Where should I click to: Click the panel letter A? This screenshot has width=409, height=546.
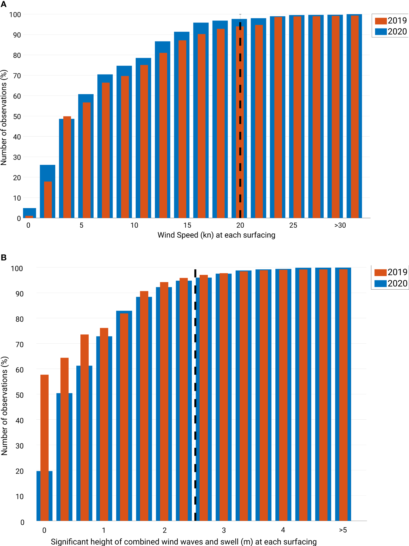(3, 4)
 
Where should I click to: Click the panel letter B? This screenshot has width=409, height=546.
(4, 257)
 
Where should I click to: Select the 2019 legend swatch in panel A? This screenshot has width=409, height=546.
(380, 21)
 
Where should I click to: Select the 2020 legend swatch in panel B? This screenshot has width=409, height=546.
(380, 284)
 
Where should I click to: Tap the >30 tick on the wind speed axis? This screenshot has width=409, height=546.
(340, 225)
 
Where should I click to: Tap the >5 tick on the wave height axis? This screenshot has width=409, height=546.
(343, 530)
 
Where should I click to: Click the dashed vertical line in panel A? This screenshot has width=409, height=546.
(240, 121)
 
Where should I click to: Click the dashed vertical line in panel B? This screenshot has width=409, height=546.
(195, 403)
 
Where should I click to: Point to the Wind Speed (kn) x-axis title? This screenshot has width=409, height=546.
(216, 235)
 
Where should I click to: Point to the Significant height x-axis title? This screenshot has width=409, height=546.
(183, 541)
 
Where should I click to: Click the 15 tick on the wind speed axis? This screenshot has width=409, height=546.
(187, 225)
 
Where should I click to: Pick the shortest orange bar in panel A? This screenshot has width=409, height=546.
(29, 216)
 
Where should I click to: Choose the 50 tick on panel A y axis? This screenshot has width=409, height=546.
(17, 117)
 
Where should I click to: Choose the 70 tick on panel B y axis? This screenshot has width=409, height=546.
(20, 344)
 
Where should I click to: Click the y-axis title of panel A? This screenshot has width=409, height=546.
(4, 117)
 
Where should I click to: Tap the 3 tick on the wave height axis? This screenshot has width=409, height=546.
(224, 530)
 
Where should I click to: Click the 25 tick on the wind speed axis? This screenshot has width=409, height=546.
(293, 225)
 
